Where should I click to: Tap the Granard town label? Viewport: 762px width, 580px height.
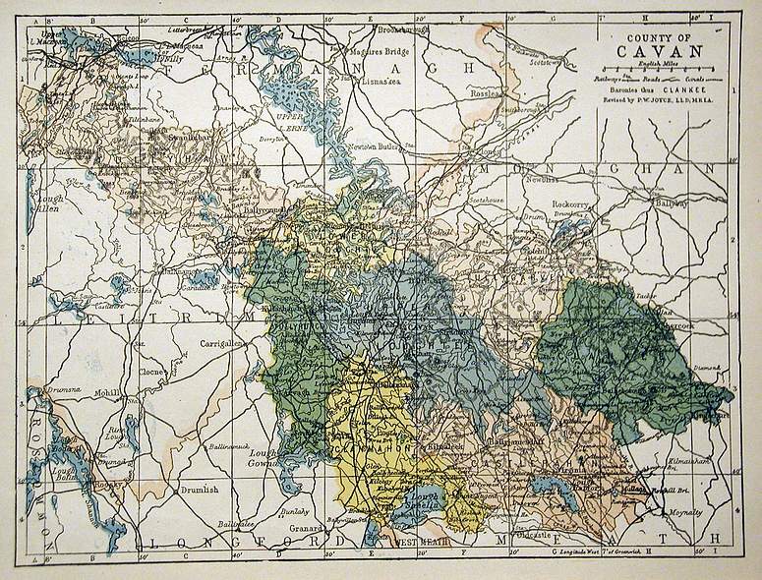click(x=308, y=527)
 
